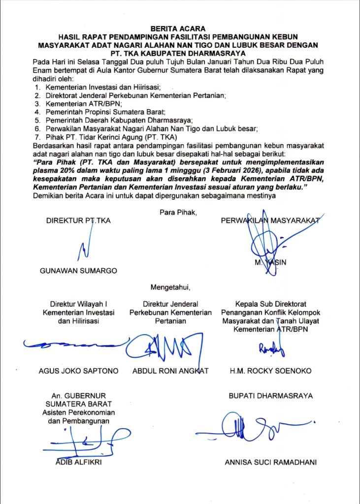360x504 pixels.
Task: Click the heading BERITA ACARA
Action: (180, 29)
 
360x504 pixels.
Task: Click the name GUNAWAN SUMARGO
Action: (78, 271)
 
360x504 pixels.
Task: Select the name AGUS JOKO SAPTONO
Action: (78, 371)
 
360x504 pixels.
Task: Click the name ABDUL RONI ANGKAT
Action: (170, 371)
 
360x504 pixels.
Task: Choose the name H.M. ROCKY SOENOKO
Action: (270, 371)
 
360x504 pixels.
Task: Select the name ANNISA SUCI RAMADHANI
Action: (270, 462)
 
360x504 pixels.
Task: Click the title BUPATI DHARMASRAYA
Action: (270, 396)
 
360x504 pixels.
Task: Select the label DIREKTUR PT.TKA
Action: (78, 220)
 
